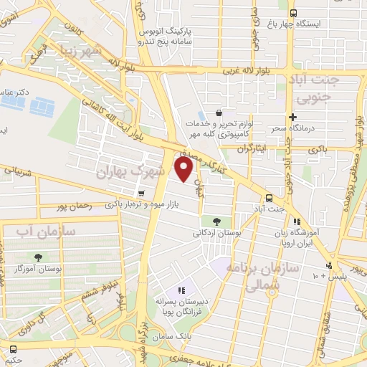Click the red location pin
pyautogui.click(x=184, y=170)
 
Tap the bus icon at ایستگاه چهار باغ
pyautogui.click(x=292, y=13)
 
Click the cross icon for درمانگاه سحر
pyautogui.click(x=292, y=117)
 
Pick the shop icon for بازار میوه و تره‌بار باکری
pyautogui.click(x=140, y=194)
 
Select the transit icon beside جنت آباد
pyautogui.click(x=269, y=197)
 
